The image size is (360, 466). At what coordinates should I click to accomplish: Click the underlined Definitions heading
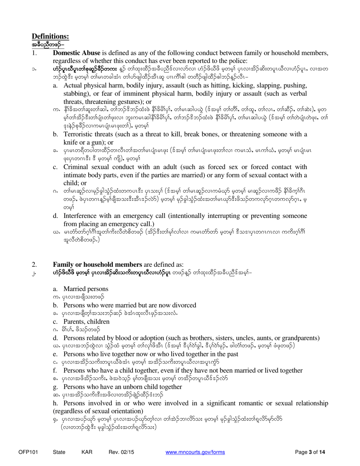coord(50,36)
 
